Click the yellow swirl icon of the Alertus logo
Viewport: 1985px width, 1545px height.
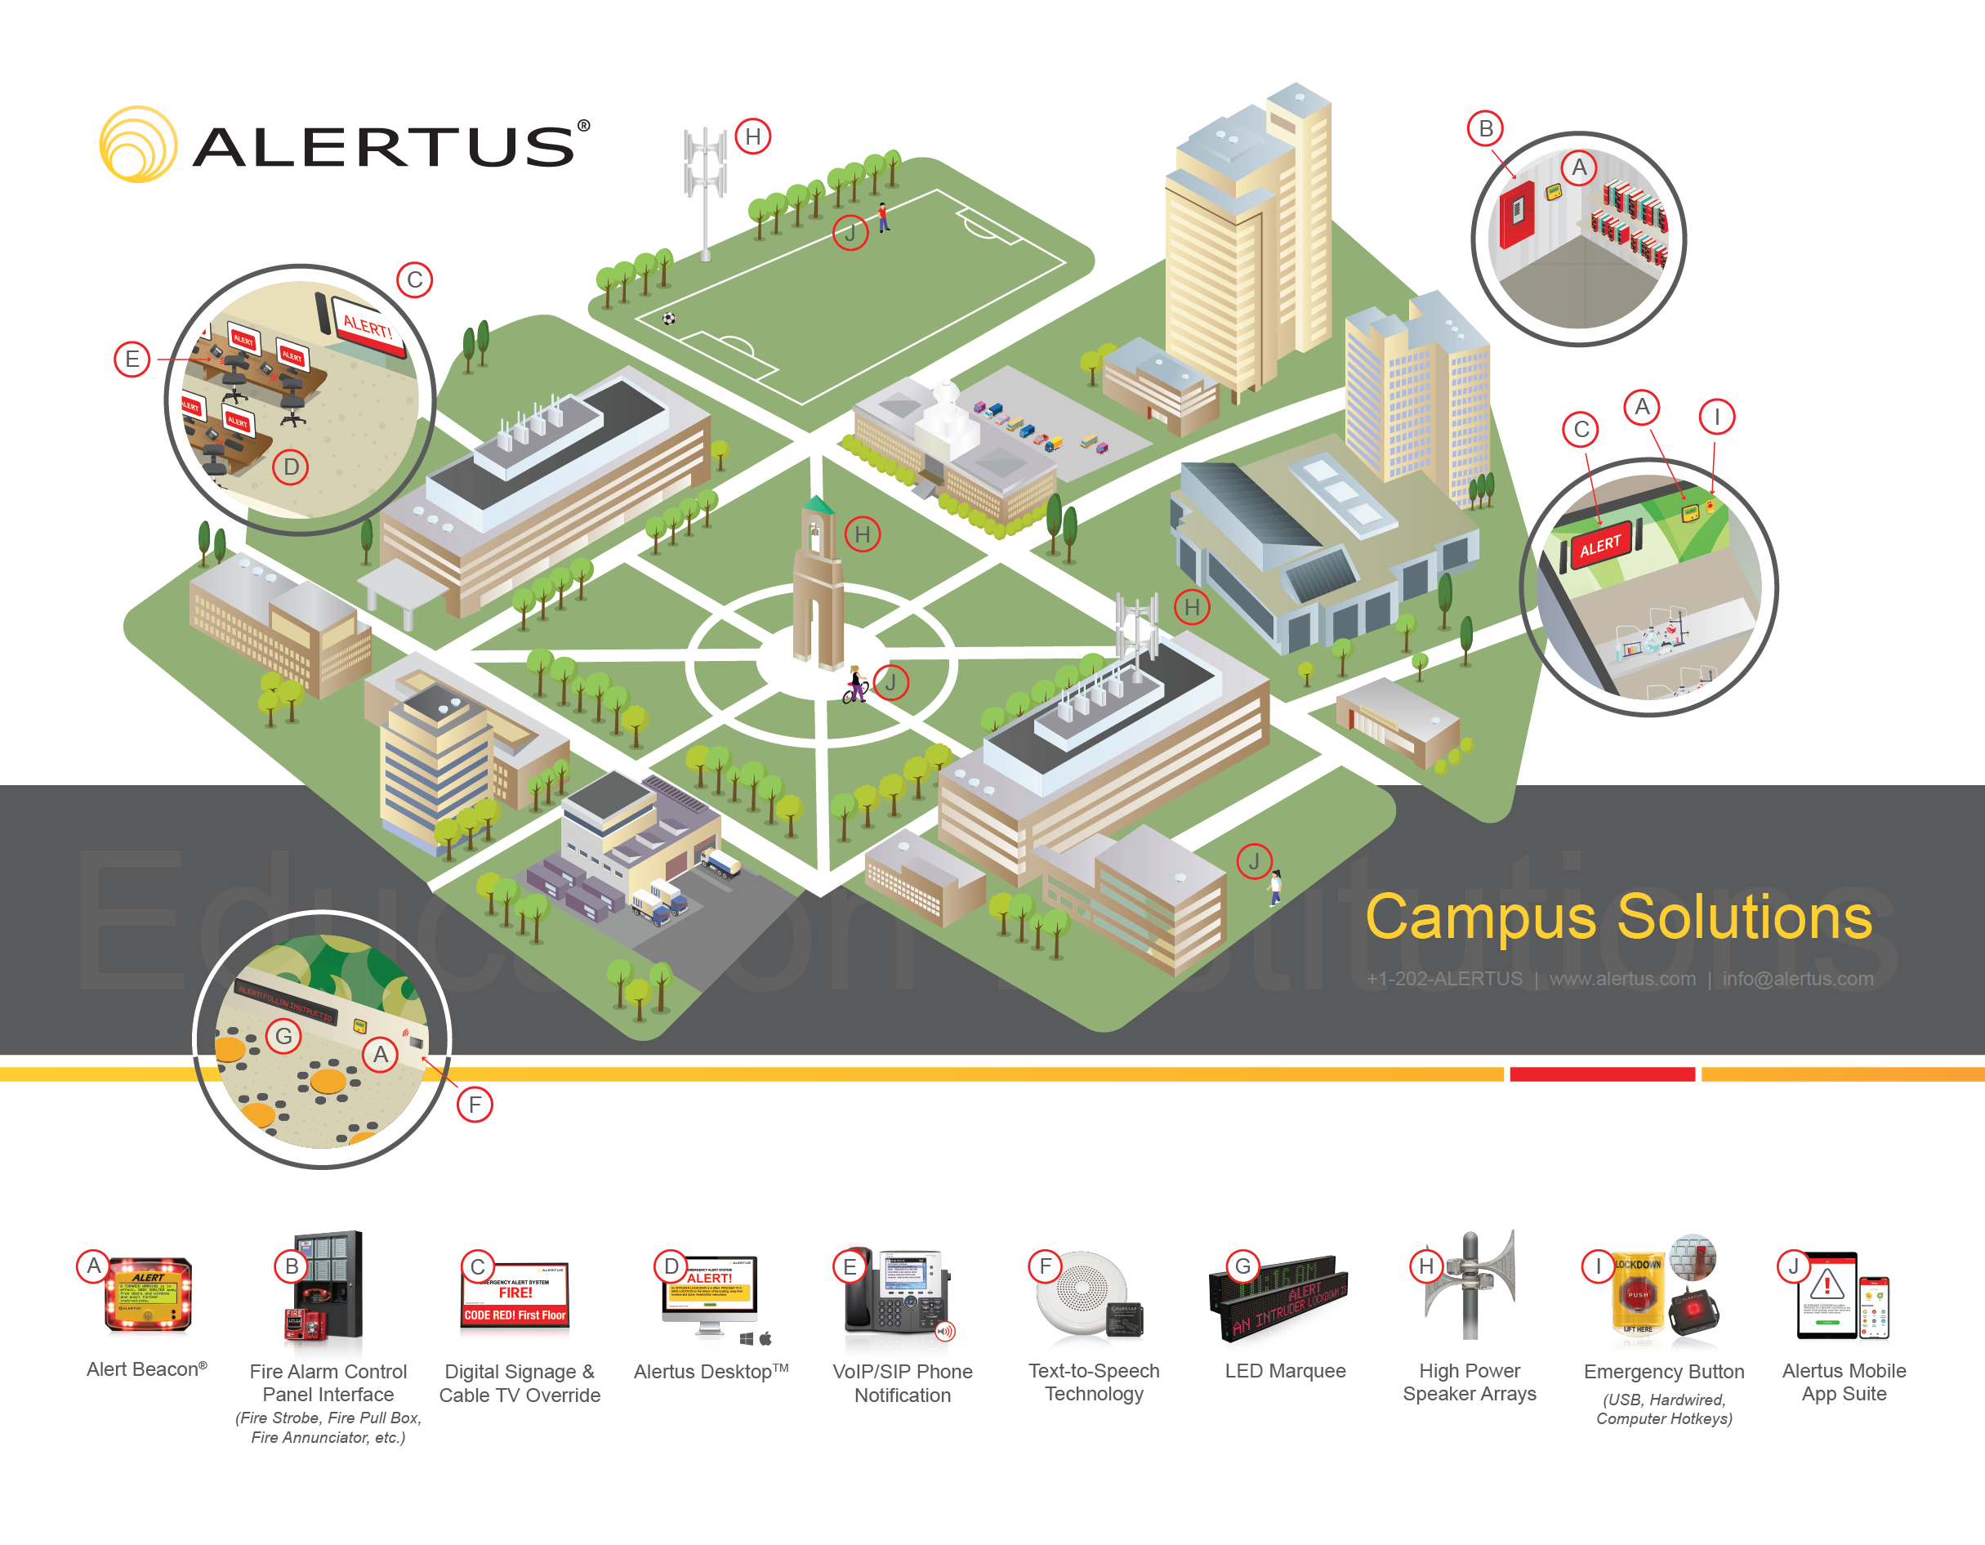pyautogui.click(x=137, y=145)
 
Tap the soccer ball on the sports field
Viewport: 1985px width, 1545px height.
pyautogui.click(x=669, y=319)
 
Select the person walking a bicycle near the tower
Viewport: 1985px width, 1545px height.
pyautogui.click(x=854, y=685)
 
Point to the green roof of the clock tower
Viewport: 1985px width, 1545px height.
pyautogui.click(x=817, y=504)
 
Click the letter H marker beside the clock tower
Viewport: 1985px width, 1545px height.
pyautogui.click(x=862, y=534)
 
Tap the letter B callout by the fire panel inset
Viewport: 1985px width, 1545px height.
pyautogui.click(x=1485, y=129)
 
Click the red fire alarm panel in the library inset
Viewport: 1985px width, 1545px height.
pyautogui.click(x=1516, y=215)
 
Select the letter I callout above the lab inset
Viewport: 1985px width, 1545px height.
pyautogui.click(x=1716, y=418)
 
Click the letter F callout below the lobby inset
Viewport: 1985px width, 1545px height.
pyautogui.click(x=475, y=1105)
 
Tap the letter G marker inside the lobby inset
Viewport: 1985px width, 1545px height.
pyautogui.click(x=283, y=1036)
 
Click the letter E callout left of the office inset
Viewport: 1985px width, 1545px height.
pyautogui.click(x=132, y=359)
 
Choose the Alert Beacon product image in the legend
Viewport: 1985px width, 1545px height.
pyautogui.click(x=149, y=1295)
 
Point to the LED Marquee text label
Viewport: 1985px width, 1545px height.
pyautogui.click(x=1284, y=1370)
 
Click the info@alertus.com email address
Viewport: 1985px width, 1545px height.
pyautogui.click(x=1797, y=979)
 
